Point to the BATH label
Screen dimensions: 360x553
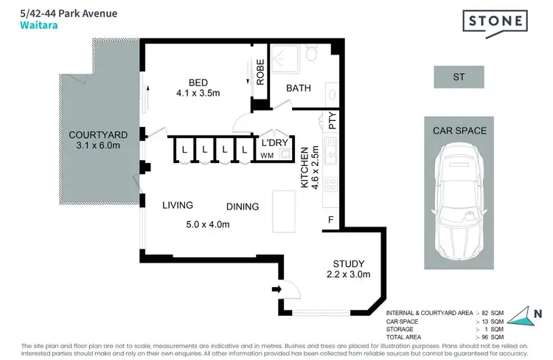299,88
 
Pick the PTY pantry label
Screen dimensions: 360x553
333,121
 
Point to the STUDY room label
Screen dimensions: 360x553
349,263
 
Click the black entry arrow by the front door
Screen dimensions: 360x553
276,288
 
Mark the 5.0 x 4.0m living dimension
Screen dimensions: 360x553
207,224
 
